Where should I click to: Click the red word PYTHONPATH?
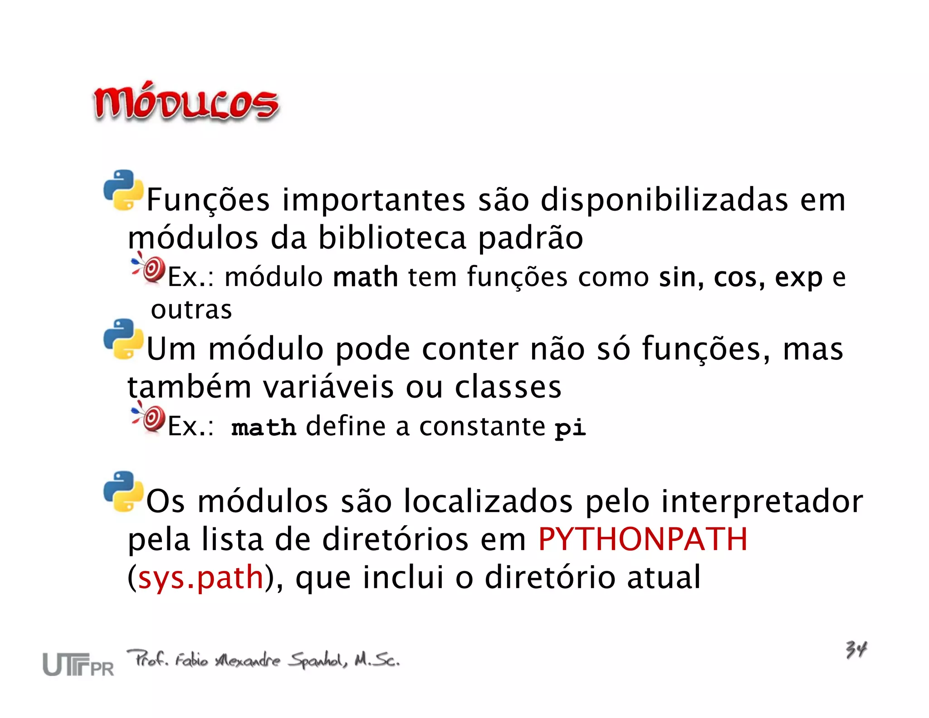642,539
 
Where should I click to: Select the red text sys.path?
200,577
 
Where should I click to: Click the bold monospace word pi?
570,428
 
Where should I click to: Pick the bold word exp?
798,278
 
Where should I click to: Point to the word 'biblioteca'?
392,238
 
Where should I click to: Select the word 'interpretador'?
762,502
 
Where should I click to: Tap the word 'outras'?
191,310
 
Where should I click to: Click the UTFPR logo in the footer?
78,664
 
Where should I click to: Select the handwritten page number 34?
856,649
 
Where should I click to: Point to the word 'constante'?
482,427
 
